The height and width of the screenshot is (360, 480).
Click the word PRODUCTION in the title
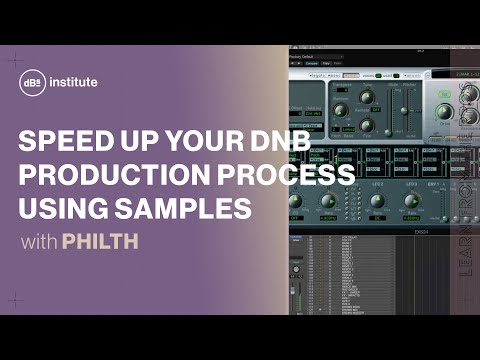pos(114,176)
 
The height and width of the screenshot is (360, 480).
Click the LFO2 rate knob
pos(377,200)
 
